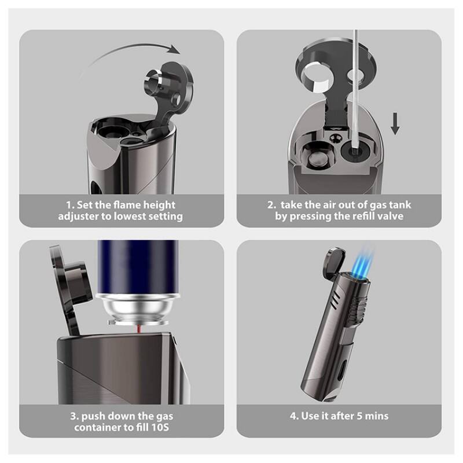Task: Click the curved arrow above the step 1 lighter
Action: click(130, 47)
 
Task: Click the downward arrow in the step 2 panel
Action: click(395, 123)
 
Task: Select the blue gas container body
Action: click(138, 266)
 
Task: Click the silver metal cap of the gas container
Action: click(138, 309)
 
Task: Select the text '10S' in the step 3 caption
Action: click(160, 427)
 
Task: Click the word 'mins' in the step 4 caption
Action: click(377, 416)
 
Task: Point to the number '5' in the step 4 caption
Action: click(359, 416)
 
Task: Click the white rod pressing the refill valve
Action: click(355, 89)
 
